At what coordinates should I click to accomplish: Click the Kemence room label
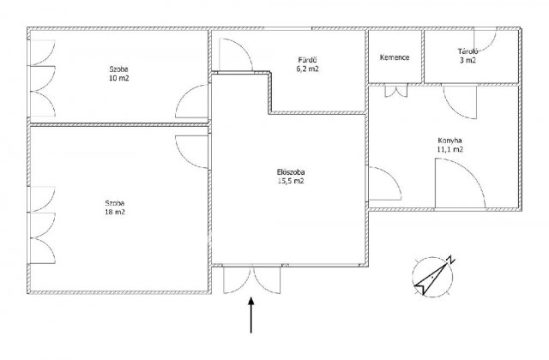tap(395, 57)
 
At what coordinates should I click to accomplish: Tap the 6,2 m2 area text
tap(307, 69)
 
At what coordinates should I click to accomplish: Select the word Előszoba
tap(291, 172)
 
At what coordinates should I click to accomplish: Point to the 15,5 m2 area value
tap(291, 181)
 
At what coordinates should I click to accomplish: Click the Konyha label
tap(449, 141)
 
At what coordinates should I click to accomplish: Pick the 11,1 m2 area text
tap(449, 149)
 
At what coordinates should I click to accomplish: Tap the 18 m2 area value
tap(115, 212)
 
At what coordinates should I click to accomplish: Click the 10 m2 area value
tap(118, 78)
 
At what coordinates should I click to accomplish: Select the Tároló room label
tap(468, 51)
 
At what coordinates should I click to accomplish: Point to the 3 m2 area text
tap(468, 60)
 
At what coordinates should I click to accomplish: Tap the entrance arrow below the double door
tap(251, 315)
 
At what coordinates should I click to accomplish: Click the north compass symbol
tap(433, 276)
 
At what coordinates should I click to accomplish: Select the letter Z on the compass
tap(450, 260)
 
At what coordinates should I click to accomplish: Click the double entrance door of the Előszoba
tap(252, 280)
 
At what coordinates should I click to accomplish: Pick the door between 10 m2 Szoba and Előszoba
tap(192, 101)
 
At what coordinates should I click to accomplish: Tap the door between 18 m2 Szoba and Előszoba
tap(192, 153)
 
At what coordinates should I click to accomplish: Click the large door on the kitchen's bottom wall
tap(460, 183)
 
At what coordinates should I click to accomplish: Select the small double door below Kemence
tap(396, 90)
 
